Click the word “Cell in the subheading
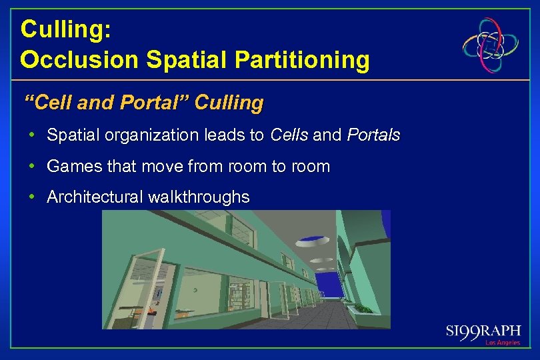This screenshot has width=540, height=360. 45,103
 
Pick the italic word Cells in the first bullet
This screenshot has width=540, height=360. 289,135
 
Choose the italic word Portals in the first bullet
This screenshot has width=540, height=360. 373,135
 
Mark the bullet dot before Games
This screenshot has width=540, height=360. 33,166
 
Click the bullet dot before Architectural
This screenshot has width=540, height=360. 33,197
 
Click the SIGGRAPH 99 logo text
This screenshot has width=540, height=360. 483,332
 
